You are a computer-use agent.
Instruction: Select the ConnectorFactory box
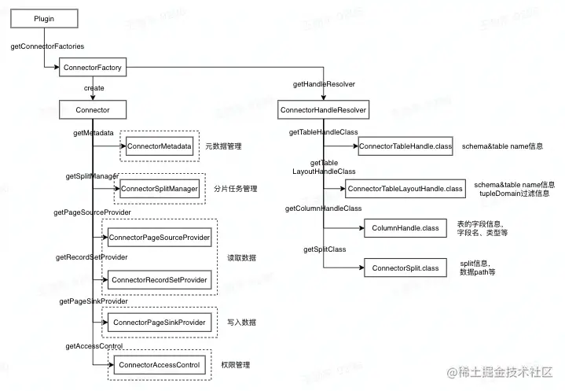tap(92, 68)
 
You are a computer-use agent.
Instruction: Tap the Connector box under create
tap(92, 110)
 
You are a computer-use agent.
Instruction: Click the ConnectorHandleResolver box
tap(323, 110)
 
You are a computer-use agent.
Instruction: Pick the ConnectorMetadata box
tap(159, 146)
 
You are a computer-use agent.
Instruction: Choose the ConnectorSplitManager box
tap(159, 189)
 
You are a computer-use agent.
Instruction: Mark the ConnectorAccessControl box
tap(159, 365)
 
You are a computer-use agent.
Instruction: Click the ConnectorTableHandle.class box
tap(405, 146)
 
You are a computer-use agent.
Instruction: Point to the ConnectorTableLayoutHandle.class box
tap(405, 189)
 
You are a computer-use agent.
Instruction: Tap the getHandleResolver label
tap(323, 83)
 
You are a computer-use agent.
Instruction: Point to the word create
tap(94, 88)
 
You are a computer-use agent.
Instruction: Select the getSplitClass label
tap(325, 249)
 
